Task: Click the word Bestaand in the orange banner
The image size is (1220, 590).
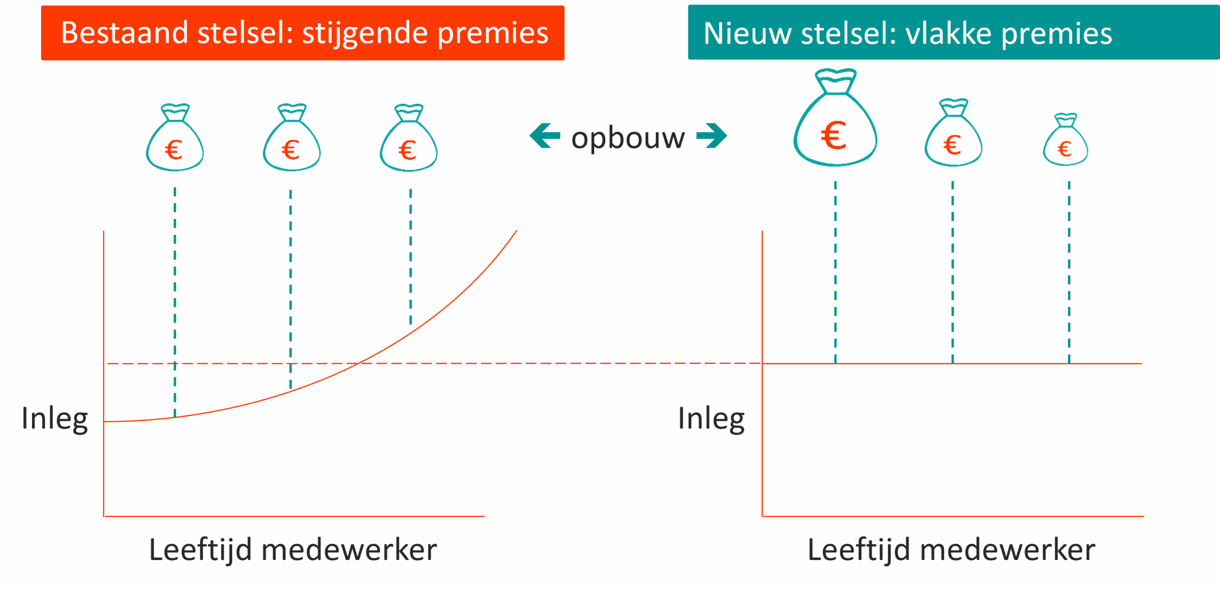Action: [124, 33]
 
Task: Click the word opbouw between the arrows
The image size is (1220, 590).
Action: [628, 138]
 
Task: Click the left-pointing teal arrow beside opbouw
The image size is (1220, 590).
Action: [544, 136]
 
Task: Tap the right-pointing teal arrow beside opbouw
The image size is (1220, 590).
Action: [712, 136]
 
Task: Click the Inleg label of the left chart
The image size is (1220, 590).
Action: [54, 419]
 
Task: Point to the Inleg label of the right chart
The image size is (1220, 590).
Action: [711, 419]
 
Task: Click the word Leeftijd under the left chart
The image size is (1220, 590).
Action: [200, 550]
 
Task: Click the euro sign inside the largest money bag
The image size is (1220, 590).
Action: [834, 136]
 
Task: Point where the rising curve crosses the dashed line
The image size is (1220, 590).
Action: [358, 364]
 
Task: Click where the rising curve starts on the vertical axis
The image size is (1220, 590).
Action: [104, 421]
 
